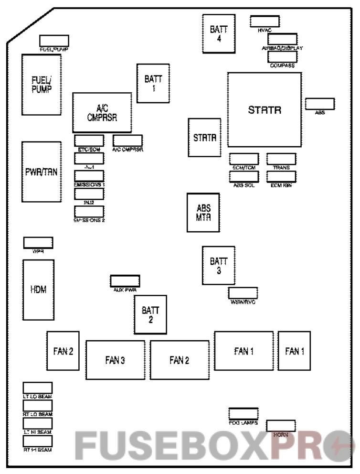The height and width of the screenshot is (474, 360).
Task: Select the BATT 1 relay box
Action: [x=153, y=83]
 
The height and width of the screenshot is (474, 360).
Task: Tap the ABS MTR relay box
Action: [x=203, y=213]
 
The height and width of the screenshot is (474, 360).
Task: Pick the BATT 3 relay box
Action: [x=218, y=266]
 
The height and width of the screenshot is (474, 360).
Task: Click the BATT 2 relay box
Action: [x=150, y=314]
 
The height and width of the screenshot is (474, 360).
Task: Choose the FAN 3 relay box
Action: [x=115, y=360]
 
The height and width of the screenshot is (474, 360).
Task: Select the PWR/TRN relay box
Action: [x=41, y=172]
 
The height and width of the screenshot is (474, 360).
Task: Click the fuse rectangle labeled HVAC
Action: [x=265, y=21]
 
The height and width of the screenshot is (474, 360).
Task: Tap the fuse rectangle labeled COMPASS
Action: [x=283, y=57]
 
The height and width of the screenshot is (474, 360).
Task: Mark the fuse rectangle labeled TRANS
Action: [x=281, y=159]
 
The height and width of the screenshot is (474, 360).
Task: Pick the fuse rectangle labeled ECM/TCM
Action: [x=244, y=159]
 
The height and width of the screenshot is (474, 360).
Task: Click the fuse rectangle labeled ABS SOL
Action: [x=244, y=176]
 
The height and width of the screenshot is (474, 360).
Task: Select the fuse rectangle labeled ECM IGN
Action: [x=281, y=176]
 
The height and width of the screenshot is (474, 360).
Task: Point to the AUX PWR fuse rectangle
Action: [x=125, y=280]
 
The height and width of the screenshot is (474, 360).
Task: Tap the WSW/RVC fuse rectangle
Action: [x=243, y=293]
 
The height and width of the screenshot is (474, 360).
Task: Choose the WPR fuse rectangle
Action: [x=38, y=242]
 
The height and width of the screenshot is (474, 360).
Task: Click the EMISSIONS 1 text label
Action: [x=89, y=184]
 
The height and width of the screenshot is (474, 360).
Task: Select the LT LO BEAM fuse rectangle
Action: [x=38, y=388]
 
